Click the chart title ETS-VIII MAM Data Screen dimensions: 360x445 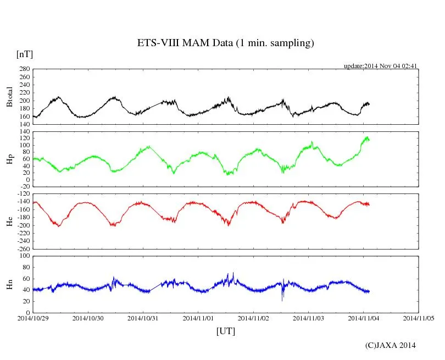(225, 43)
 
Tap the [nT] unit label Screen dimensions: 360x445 (25, 54)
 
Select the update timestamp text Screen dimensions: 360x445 (381, 66)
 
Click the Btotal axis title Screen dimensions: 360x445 (9, 97)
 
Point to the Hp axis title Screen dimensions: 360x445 (9, 159)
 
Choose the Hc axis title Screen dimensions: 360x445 (9, 221)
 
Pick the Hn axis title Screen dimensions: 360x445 (9, 284)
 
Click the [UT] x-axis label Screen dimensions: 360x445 (225, 331)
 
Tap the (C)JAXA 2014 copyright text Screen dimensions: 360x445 (390, 345)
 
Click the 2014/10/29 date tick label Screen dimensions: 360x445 (33, 318)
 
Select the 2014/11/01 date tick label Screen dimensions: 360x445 (198, 318)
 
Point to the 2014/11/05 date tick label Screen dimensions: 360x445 (419, 318)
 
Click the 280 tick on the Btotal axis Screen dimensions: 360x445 (24, 69)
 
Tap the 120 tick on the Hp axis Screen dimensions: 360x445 (24, 137)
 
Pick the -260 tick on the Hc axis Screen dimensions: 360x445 (23, 249)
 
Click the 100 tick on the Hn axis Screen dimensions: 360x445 (24, 256)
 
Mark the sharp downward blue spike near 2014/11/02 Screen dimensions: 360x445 (282, 300)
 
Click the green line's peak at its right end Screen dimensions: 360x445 (366, 137)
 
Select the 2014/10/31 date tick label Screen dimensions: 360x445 (143, 318)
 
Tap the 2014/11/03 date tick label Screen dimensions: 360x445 (308, 318)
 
